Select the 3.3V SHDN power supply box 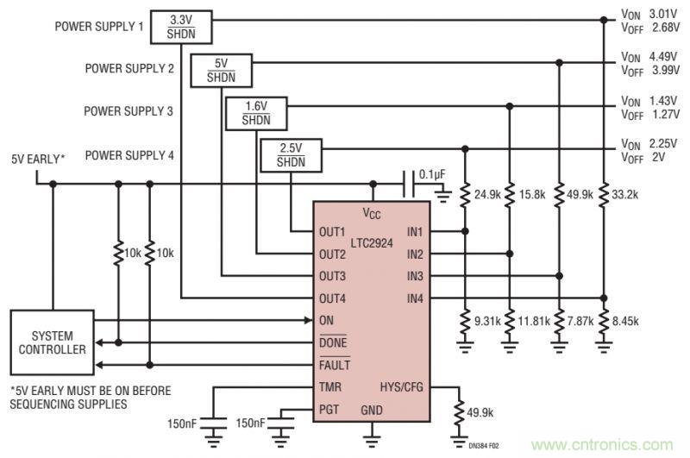click(x=180, y=26)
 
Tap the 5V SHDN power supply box click(x=220, y=69)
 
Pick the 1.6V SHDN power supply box click(x=255, y=113)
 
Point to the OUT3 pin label click(x=332, y=276)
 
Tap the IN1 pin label click(x=414, y=233)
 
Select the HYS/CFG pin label click(x=402, y=386)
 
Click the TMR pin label click(x=329, y=386)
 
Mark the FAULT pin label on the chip click(x=334, y=364)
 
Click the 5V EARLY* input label click(x=38, y=158)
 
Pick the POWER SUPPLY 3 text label click(x=129, y=111)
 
